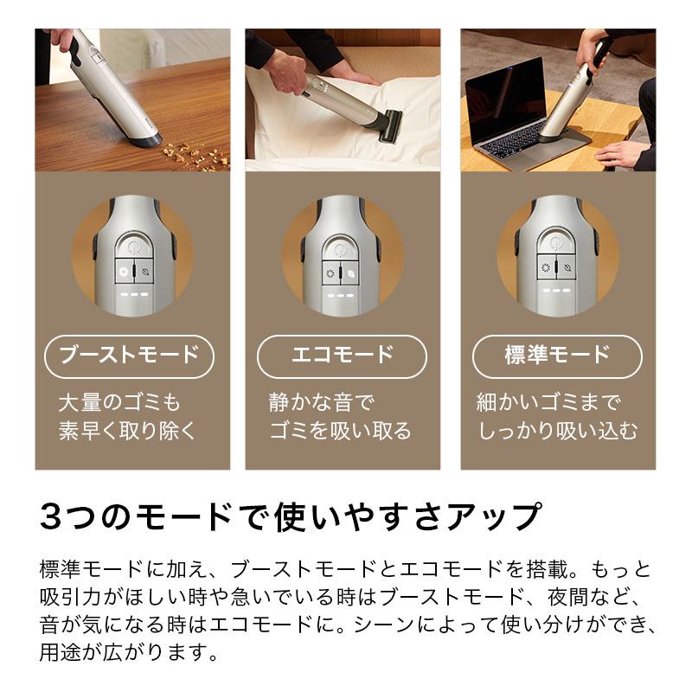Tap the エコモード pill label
pos(343,355)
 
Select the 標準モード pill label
pos(557,355)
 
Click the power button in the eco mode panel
pos(343,246)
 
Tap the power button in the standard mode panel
pos(557,246)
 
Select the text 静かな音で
pos(320,402)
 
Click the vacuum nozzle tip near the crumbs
pos(145,136)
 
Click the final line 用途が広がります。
pos(126,650)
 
